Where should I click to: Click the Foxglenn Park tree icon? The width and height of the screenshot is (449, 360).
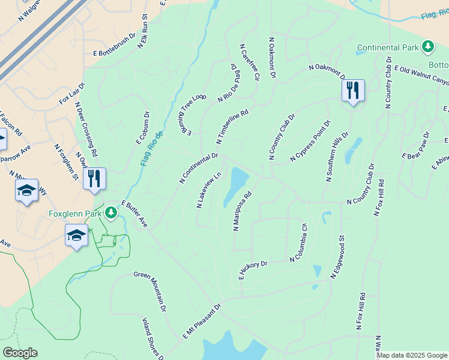110,213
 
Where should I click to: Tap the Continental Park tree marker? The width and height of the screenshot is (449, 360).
427,47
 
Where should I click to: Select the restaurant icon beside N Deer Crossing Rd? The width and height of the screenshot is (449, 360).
94,179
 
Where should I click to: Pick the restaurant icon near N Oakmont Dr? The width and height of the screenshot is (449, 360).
353,91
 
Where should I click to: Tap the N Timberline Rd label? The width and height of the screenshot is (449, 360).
232,127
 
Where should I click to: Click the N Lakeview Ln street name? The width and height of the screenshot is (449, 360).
209,190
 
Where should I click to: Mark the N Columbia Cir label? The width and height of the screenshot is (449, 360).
299,243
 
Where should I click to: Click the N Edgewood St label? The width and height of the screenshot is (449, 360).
337,257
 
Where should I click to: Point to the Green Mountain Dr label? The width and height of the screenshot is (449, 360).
150,292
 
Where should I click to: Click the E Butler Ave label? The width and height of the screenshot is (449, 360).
134,214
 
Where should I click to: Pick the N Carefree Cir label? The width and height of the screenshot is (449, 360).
250,62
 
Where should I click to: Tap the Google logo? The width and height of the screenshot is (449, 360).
20,353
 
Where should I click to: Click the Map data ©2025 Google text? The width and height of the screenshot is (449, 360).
411,355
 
